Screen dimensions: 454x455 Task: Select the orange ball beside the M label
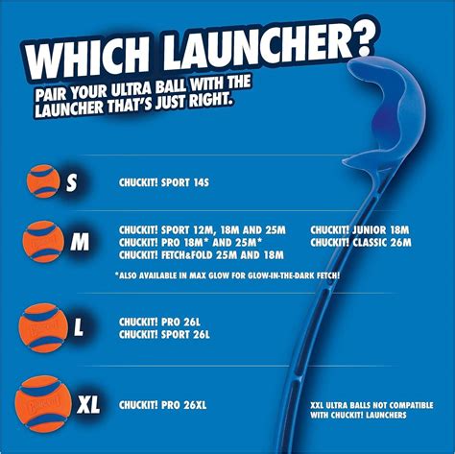tap(43, 240)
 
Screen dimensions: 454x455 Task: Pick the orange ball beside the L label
tap(43, 324)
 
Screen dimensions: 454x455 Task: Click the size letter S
tap(73, 182)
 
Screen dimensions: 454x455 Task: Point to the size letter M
tap(80, 243)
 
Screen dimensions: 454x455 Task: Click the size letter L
tap(78, 327)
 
